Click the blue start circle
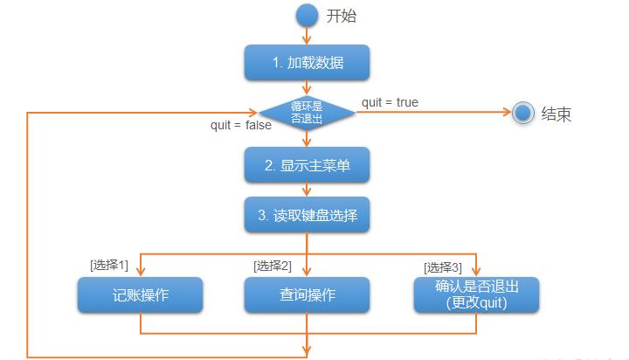[x=307, y=16]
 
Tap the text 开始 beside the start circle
[x=342, y=17]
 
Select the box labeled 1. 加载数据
[x=307, y=63]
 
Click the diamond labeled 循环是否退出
[x=307, y=112]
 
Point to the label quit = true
[x=390, y=102]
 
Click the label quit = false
[x=241, y=125]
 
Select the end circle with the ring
[x=523, y=113]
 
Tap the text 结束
[x=556, y=114]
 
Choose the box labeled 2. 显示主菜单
[x=307, y=165]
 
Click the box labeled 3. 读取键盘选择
[x=307, y=215]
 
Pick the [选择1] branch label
[x=109, y=265]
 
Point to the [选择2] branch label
[x=273, y=265]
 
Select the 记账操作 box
[x=140, y=295]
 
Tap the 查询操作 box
[x=307, y=295]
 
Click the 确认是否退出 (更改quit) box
[x=476, y=295]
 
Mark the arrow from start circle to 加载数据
[x=307, y=36]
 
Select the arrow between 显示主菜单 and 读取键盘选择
[x=307, y=190]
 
